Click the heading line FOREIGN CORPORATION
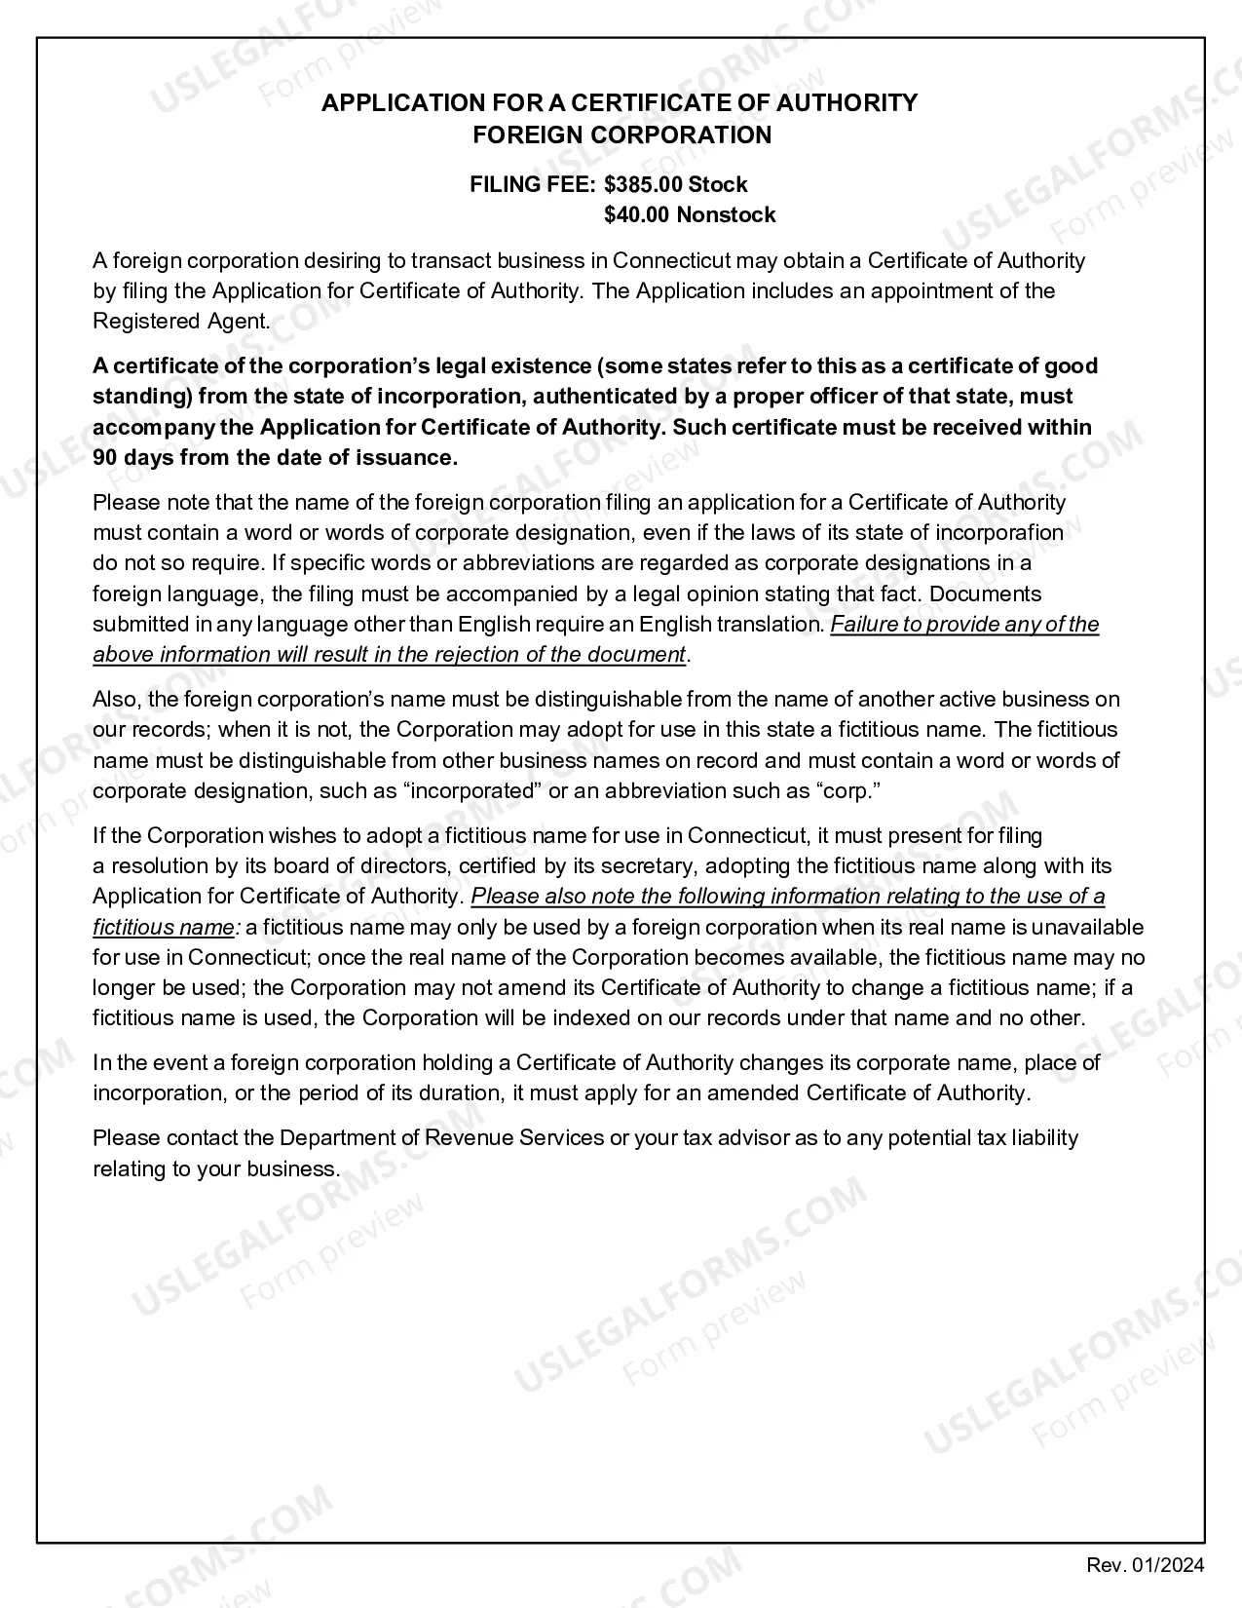coord(621,135)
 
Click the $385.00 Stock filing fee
coord(675,185)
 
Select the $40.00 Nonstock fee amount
coord(689,215)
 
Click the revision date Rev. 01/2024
coord(1146,1565)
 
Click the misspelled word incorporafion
coord(998,533)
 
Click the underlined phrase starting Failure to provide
coord(963,625)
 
